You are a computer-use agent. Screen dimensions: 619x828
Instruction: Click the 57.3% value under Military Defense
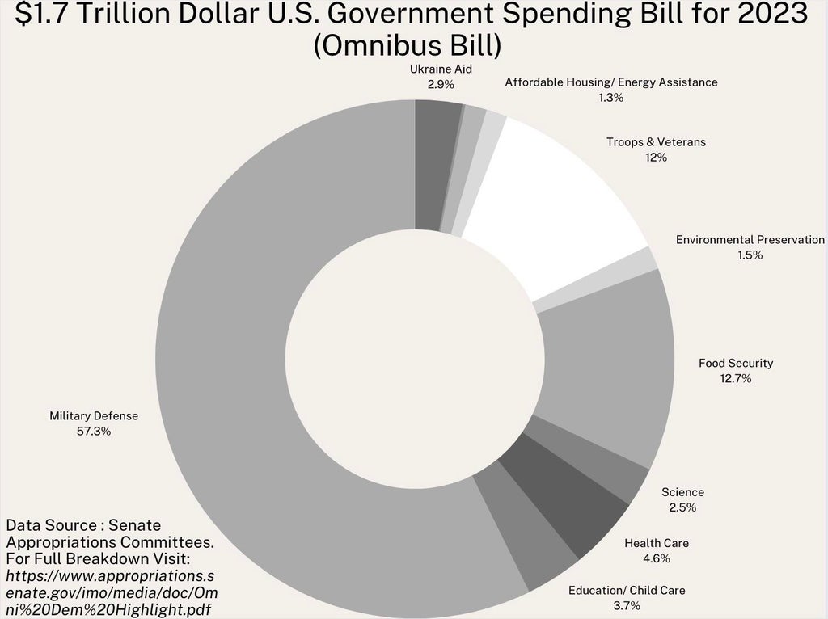pyautogui.click(x=94, y=432)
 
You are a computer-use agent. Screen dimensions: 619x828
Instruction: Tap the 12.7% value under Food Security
pyautogui.click(x=736, y=378)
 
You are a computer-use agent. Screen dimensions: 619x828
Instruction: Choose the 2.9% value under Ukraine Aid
pyautogui.click(x=441, y=84)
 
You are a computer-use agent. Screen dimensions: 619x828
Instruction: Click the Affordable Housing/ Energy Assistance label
pyautogui.click(x=611, y=82)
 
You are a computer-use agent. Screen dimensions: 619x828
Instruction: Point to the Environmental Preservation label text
pyautogui.click(x=750, y=239)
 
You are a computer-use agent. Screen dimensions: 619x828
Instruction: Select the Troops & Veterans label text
pyautogui.click(x=656, y=142)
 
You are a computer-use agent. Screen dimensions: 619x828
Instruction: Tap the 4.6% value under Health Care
pyautogui.click(x=657, y=558)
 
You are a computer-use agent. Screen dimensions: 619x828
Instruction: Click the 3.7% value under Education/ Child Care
pyautogui.click(x=627, y=605)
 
